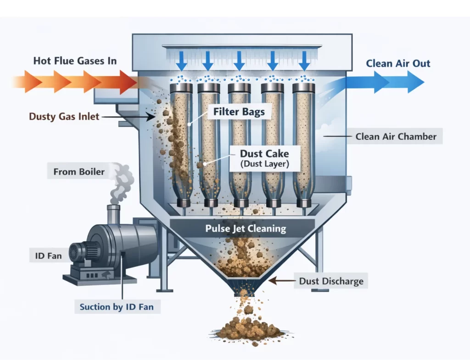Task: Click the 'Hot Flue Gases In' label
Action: [75, 61]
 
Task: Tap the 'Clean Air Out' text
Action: [398, 63]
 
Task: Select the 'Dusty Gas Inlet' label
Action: [64, 116]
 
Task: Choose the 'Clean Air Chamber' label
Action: [395, 136]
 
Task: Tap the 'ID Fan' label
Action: [48, 255]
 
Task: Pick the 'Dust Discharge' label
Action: [330, 281]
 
